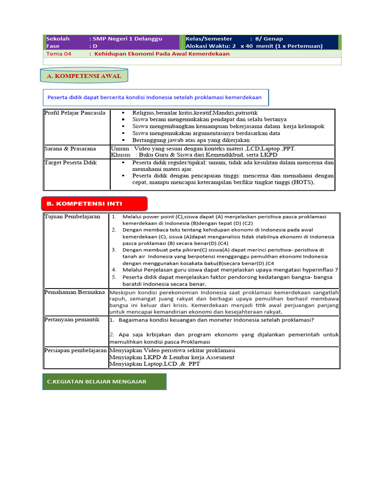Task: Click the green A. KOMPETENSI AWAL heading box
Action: click(84, 76)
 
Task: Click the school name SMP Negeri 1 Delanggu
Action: click(128, 38)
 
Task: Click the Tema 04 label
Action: click(58, 54)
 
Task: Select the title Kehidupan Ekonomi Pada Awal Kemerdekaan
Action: click(162, 54)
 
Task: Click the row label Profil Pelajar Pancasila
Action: click(75, 113)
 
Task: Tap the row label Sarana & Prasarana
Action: click(70, 149)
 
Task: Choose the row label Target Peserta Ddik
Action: click(70, 163)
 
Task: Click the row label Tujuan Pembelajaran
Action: click(72, 217)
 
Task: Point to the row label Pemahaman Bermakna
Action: click(75, 292)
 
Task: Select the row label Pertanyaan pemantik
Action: click(72, 320)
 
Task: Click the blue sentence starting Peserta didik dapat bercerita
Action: click(154, 98)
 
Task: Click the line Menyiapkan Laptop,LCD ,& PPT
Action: click(154, 364)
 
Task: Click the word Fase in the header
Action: click(53, 46)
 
